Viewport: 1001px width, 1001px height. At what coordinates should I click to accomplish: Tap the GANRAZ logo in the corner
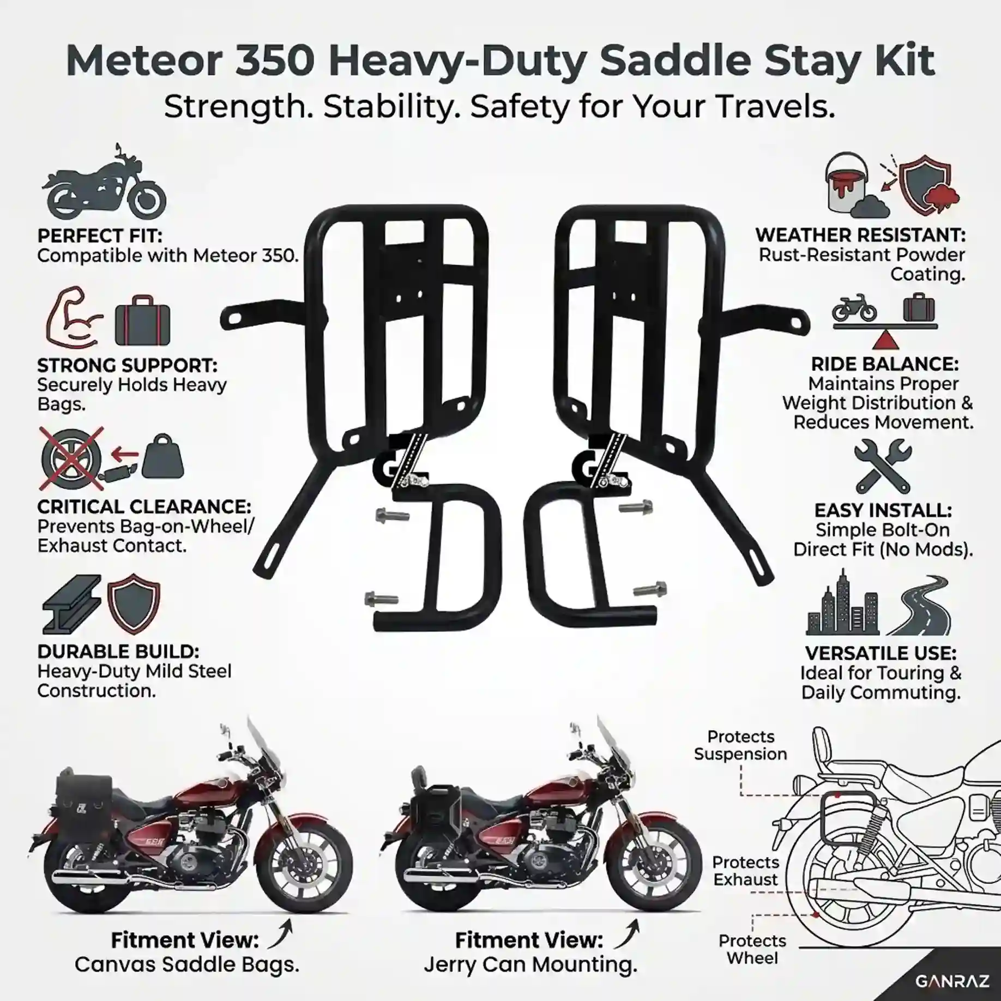point(952,981)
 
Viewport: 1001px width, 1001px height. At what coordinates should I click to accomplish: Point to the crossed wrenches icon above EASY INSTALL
point(883,467)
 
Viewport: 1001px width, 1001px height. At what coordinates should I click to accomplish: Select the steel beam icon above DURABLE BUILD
point(71,605)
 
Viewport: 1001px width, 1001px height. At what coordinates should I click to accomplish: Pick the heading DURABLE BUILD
point(118,652)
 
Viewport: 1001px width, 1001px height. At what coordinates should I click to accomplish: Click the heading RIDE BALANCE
point(884,364)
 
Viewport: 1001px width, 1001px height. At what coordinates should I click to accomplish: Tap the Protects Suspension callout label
point(740,745)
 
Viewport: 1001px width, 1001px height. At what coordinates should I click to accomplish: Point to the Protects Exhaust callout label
point(745,871)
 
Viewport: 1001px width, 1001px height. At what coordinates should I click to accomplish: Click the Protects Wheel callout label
point(752,949)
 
